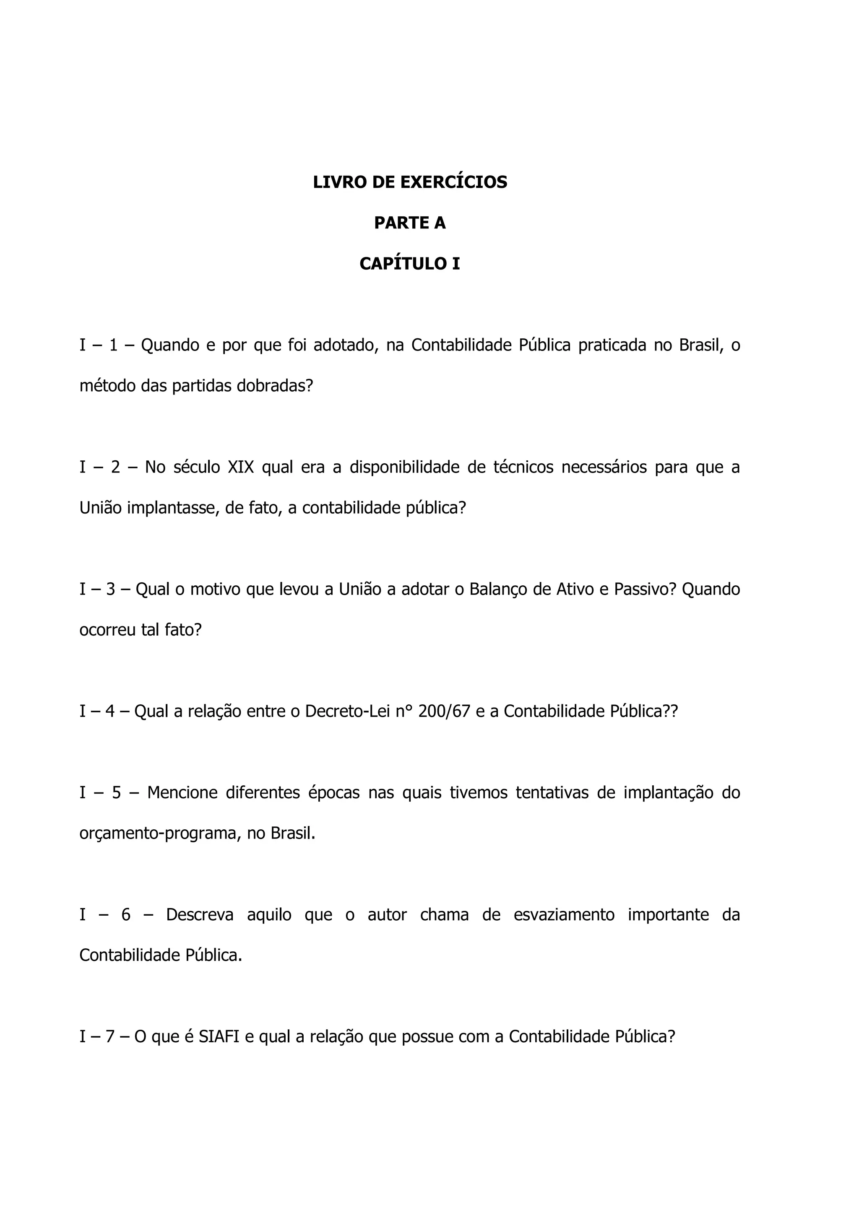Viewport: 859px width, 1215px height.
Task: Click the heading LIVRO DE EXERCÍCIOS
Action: point(410,182)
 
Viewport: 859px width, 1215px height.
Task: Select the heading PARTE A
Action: point(410,223)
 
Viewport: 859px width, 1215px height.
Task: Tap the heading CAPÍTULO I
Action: point(410,264)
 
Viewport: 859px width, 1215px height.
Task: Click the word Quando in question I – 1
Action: point(170,345)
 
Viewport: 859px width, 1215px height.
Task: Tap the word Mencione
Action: point(182,793)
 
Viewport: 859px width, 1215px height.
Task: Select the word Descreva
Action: point(200,914)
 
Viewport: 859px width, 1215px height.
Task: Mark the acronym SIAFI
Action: point(219,1037)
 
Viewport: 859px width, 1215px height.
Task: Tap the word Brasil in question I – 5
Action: point(293,833)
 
